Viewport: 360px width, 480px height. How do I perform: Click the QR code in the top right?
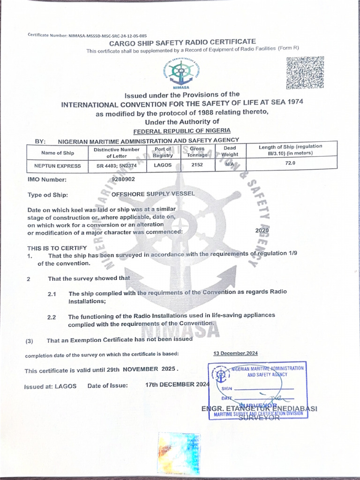305,73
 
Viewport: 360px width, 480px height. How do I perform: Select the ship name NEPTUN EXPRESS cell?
58,165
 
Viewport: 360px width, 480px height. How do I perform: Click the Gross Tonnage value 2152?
197,165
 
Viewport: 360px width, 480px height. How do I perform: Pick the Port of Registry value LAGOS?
163,165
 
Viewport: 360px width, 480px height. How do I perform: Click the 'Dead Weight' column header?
230,151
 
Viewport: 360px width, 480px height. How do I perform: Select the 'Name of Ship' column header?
58,153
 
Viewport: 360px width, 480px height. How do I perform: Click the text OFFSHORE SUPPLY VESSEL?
152,194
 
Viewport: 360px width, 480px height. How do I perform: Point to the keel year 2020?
262,231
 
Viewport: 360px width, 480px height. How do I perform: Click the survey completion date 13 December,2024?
235,353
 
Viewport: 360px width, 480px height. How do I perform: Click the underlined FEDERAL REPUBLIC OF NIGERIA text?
182,131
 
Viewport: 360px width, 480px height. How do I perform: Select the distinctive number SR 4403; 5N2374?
116,165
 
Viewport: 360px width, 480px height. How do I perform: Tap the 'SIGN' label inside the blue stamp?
226,389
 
